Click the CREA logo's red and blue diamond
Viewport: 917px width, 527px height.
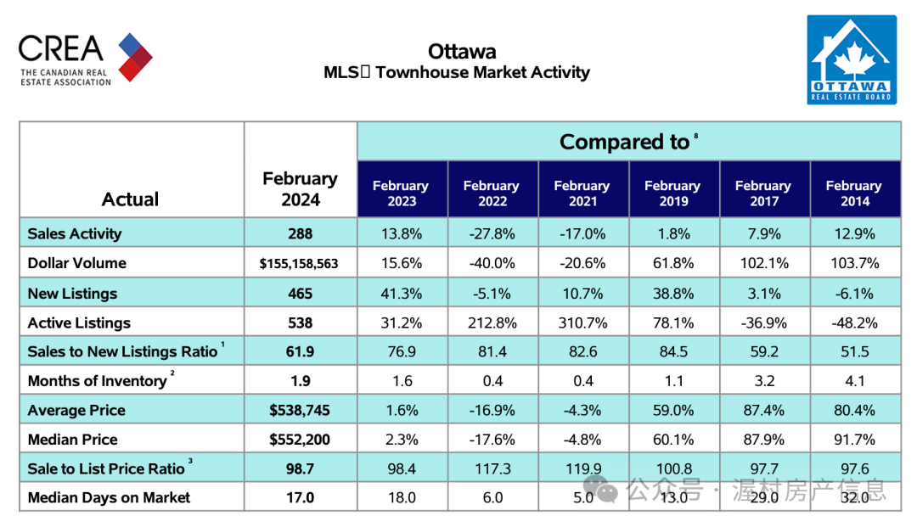(135, 57)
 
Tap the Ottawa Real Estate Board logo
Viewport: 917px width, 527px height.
(852, 59)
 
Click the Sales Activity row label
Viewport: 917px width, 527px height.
(74, 233)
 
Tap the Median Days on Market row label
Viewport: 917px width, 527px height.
(109, 497)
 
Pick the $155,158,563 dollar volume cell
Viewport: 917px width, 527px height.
(299, 263)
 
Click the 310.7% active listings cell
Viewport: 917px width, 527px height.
(582, 322)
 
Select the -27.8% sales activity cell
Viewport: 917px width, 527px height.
(492, 233)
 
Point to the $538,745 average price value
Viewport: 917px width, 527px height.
(300, 410)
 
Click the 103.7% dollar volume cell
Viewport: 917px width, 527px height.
(855, 263)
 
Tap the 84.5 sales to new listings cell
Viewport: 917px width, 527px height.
(673, 351)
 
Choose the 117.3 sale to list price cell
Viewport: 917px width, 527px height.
(493, 468)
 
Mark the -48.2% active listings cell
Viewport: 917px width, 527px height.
(854, 322)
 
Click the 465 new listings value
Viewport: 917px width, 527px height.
(300, 294)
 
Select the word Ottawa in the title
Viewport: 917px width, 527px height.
(462, 52)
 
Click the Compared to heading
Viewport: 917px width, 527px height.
(625, 142)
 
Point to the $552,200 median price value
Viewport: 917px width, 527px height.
(300, 440)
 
